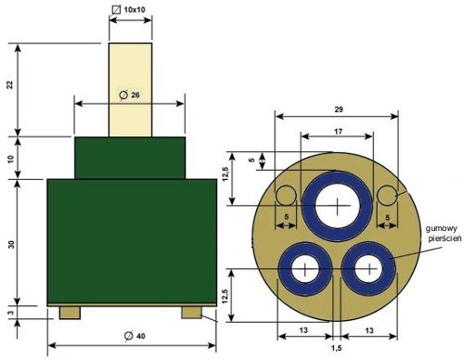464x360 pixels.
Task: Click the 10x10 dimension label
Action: point(135,9)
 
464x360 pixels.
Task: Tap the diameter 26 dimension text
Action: point(129,95)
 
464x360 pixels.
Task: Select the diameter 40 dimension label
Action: point(135,336)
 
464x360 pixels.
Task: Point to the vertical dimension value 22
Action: point(11,84)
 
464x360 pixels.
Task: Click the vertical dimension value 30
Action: point(11,245)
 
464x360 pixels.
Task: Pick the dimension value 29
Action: point(339,109)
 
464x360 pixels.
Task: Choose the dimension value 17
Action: point(338,132)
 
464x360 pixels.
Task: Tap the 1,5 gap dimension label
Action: point(336,348)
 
